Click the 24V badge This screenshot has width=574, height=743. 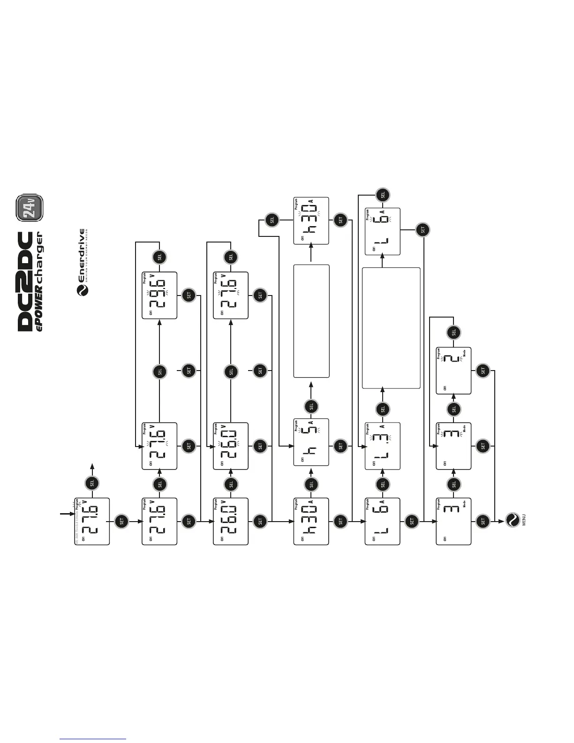pyautogui.click(x=30, y=208)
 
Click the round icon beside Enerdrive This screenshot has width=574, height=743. pyautogui.click(x=82, y=291)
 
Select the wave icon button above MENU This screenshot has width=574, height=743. pyautogui.click(x=513, y=520)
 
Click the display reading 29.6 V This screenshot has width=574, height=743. pyautogui.click(x=159, y=296)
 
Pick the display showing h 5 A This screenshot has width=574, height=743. pyautogui.click(x=311, y=442)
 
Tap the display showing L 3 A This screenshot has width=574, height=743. pyautogui.click(x=382, y=446)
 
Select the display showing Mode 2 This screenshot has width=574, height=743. pyautogui.click(x=453, y=371)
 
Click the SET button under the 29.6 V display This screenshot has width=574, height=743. pyautogui.click(x=189, y=296)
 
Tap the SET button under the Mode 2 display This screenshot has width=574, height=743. pyautogui.click(x=483, y=371)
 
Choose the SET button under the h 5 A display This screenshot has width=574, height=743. pyautogui.click(x=341, y=446)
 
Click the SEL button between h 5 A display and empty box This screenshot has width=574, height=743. pyautogui.click(x=311, y=406)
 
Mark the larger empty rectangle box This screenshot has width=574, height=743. pyautogui.click(x=391, y=328)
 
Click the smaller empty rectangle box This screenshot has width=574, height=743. pyautogui.click(x=311, y=321)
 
